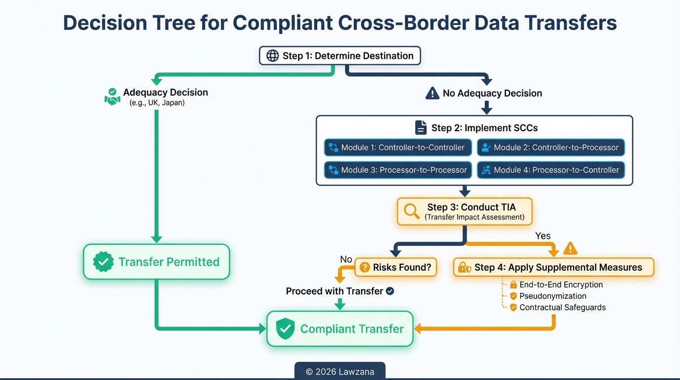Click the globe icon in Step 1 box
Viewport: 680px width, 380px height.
point(272,56)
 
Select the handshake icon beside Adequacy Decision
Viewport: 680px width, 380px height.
point(113,96)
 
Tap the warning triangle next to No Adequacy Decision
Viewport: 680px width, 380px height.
point(432,93)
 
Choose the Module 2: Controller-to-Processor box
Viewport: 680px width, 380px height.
point(551,147)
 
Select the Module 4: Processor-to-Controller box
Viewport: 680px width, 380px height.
point(551,170)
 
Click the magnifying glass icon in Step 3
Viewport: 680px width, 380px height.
point(411,211)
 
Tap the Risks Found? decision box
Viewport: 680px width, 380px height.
point(396,268)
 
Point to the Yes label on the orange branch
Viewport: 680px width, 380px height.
point(543,236)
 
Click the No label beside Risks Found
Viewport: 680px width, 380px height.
point(346,260)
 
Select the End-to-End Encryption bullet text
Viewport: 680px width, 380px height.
point(561,285)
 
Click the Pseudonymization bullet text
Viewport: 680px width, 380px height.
point(552,296)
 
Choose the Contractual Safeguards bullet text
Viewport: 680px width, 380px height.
point(562,307)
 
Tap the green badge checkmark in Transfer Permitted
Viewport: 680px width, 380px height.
point(103,262)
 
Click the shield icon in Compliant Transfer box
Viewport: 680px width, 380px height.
point(285,329)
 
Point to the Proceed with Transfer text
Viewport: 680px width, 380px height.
point(335,291)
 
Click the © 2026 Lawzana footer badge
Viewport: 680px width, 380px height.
point(340,372)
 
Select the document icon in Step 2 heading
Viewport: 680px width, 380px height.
point(421,128)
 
